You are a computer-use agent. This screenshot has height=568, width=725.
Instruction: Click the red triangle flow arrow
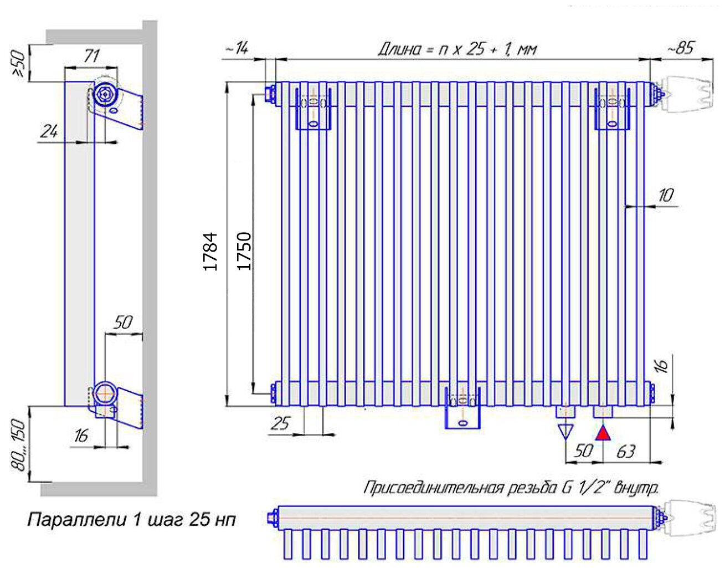pyautogui.click(x=604, y=433)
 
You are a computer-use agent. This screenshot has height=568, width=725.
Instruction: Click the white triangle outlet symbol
pyautogui.click(x=565, y=431)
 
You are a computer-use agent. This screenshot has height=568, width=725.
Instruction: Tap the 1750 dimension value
pyautogui.click(x=244, y=250)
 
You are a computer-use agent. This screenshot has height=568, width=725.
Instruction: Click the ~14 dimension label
pyautogui.click(x=236, y=48)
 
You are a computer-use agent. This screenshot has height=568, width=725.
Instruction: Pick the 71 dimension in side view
pyautogui.click(x=91, y=56)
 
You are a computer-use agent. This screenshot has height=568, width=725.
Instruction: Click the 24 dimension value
pyautogui.click(x=49, y=131)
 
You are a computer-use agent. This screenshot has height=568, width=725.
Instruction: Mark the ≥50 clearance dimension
pyautogui.click(x=18, y=65)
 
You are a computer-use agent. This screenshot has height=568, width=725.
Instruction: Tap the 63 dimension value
pyautogui.click(x=625, y=452)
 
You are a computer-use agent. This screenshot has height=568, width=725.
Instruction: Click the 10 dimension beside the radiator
pyautogui.click(x=666, y=195)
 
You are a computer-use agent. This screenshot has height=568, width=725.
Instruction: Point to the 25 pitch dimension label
pyautogui.click(x=280, y=424)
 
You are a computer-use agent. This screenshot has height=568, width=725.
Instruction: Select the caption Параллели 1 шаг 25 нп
pyautogui.click(x=132, y=520)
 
